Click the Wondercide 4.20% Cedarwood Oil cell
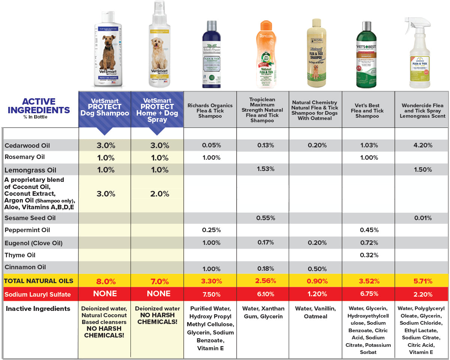[423, 145]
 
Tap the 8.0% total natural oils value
[106, 281]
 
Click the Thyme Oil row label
[20, 255]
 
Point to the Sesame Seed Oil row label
[30, 218]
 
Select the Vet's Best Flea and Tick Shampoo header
[367, 111]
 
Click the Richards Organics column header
[210, 111]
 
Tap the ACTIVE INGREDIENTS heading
[39, 106]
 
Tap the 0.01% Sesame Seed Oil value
[423, 218]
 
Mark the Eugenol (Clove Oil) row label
[33, 243]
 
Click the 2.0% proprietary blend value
[159, 194]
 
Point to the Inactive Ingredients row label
[38, 309]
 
